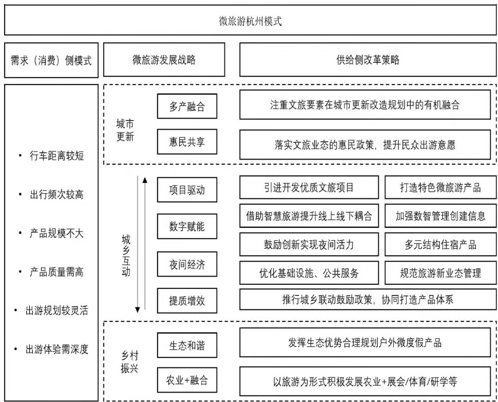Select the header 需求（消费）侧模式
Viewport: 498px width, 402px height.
click(51, 60)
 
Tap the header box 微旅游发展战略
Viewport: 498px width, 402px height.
click(164, 60)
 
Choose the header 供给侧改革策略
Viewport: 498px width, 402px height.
click(368, 60)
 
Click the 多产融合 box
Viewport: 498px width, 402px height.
click(187, 107)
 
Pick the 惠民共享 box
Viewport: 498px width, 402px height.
click(187, 142)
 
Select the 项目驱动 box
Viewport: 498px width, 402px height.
click(187, 189)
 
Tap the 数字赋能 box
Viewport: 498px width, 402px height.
click(187, 226)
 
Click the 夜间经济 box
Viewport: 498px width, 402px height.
click(187, 264)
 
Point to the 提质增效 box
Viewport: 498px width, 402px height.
click(187, 301)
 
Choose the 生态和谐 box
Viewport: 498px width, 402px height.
click(187, 345)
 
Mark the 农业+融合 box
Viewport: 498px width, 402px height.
click(187, 380)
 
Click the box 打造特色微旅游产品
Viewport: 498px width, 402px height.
click(440, 187)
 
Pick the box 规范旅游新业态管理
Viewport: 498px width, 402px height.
click(440, 273)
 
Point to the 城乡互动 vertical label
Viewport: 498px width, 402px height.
click(126, 255)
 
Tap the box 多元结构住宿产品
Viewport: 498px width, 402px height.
click(440, 245)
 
